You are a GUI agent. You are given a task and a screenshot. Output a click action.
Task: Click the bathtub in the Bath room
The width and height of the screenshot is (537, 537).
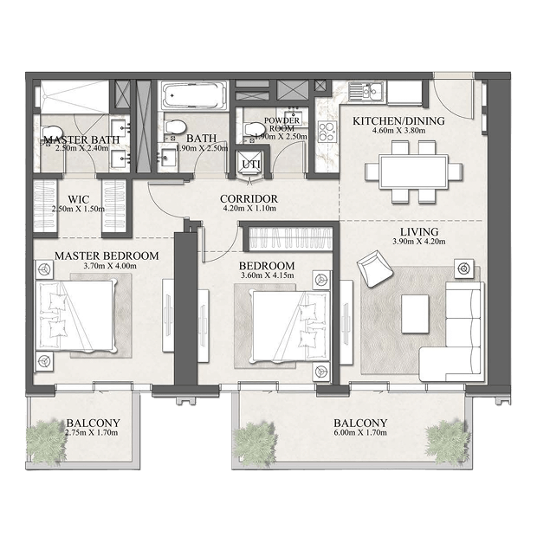[x=194, y=95]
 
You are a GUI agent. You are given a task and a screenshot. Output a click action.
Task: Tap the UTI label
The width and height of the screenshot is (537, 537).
[x=251, y=165]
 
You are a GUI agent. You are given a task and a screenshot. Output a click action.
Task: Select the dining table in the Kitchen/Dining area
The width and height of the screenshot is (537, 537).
[x=413, y=171]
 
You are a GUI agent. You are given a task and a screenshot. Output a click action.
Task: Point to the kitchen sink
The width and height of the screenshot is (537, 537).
[x=367, y=91]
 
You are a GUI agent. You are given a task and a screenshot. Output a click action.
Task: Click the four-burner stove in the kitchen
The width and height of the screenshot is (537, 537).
[x=327, y=132]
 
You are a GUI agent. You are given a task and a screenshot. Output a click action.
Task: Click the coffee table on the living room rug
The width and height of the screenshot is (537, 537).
[x=415, y=314]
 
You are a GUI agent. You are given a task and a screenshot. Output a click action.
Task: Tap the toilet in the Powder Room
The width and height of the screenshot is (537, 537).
[x=253, y=129]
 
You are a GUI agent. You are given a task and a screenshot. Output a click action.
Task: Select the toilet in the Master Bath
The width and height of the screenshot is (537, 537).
[x=51, y=133]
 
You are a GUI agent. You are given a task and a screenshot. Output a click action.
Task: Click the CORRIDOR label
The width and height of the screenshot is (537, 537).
[x=249, y=199]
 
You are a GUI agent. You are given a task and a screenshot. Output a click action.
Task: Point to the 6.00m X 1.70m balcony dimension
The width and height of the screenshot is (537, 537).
[x=360, y=432]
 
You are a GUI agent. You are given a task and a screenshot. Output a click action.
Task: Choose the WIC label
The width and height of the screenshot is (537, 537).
[x=79, y=199]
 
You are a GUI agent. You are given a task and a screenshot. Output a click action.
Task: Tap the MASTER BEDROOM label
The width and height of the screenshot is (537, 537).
[x=107, y=256]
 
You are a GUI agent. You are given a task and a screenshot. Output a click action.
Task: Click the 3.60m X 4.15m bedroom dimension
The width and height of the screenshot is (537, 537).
[x=267, y=275]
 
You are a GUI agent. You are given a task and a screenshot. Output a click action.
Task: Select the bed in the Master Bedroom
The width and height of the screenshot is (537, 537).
[x=76, y=316]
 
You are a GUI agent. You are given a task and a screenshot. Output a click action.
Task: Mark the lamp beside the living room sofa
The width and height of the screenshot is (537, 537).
[x=464, y=268]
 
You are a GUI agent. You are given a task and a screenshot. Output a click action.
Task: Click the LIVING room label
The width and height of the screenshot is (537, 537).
[x=419, y=232]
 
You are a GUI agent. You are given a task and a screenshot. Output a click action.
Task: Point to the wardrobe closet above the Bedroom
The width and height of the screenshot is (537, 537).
[x=290, y=238]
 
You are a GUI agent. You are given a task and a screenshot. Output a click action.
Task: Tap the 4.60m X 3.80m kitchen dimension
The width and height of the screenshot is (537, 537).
[x=399, y=131]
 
